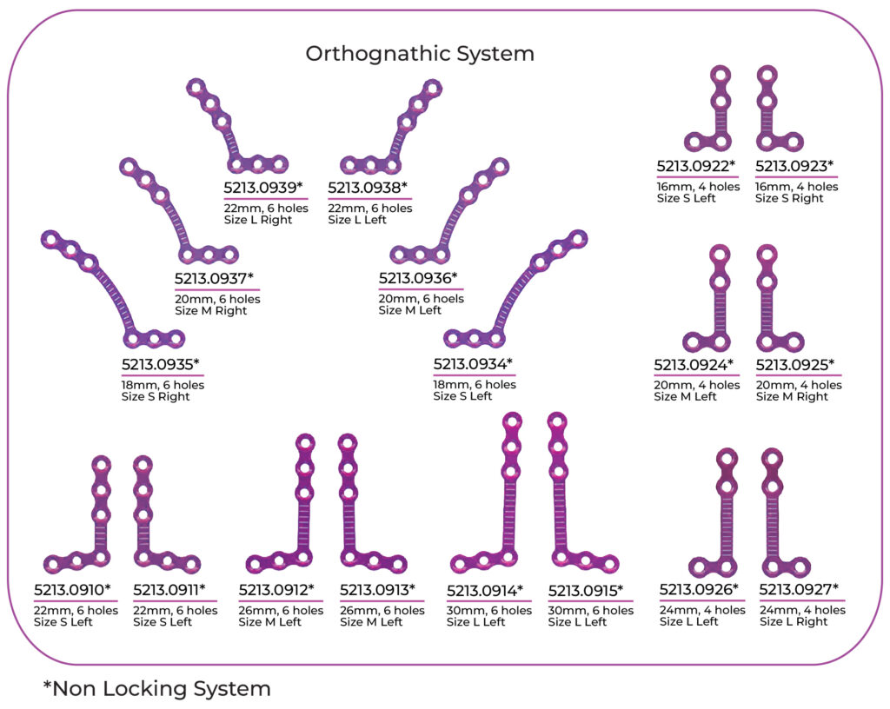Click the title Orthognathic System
(x=419, y=54)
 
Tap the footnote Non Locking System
(x=156, y=689)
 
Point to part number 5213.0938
(x=367, y=187)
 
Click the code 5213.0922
(x=695, y=165)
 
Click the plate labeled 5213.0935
(x=109, y=287)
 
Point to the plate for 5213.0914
(x=509, y=504)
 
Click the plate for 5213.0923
(x=767, y=113)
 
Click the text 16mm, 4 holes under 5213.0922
(x=698, y=187)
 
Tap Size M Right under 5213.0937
(x=210, y=311)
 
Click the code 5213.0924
(x=694, y=364)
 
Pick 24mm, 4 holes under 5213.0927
(x=802, y=610)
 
